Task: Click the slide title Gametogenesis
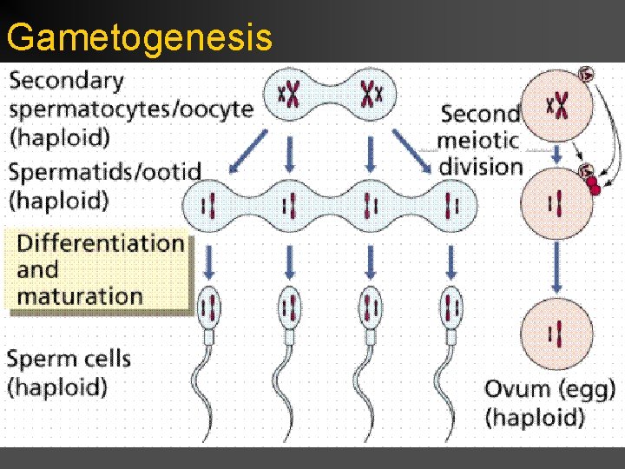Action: (139, 38)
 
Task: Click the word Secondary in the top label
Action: (67, 82)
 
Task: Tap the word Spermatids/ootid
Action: (105, 172)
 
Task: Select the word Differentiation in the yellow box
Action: (101, 242)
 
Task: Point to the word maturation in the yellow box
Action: (80, 295)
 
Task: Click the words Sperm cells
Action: (69, 358)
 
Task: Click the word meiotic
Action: (480, 140)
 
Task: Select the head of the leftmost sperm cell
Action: (208, 307)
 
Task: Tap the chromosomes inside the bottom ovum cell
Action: (556, 333)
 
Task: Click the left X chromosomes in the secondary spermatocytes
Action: (289, 92)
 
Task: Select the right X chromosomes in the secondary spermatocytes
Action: (371, 92)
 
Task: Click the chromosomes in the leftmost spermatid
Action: (208, 205)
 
